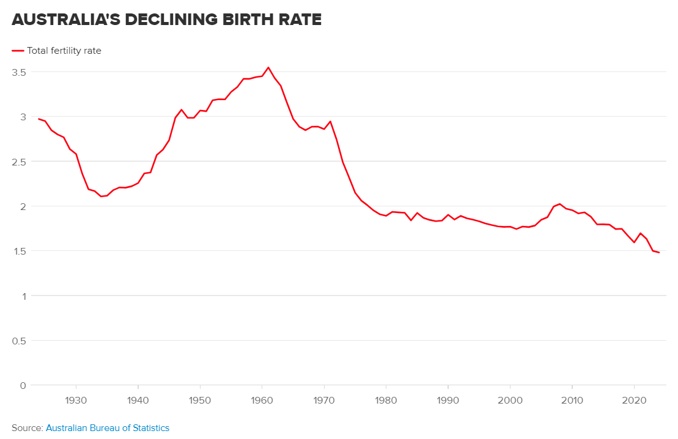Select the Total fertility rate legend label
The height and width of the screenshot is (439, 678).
coord(64,51)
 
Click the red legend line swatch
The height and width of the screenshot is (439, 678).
coord(18,51)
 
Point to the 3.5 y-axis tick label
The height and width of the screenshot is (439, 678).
coord(18,72)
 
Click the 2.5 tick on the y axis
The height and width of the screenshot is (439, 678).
coord(18,161)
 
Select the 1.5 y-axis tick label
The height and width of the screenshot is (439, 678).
coord(19,251)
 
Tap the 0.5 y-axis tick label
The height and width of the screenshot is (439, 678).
coord(18,340)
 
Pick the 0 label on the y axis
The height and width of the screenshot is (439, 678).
coord(23,385)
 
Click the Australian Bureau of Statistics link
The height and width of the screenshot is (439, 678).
coord(108,428)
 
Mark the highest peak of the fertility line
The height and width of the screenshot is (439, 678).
coord(268,67)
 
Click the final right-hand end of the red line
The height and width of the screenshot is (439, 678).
coord(659,253)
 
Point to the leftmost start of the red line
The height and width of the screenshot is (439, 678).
coord(39,119)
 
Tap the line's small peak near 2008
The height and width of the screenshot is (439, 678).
coord(560,204)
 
